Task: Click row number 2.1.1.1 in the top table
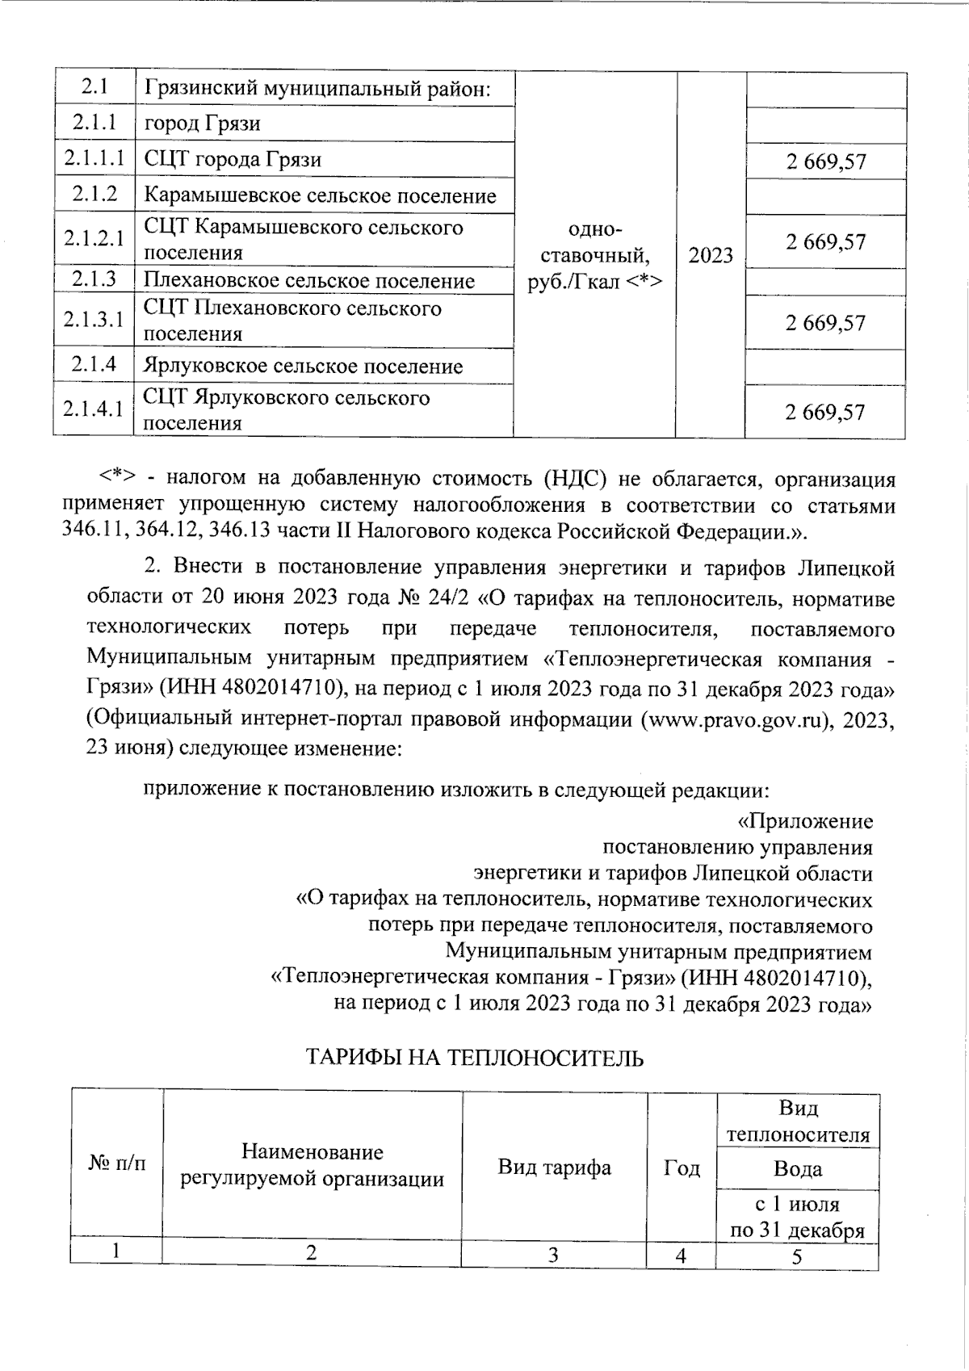[x=94, y=159]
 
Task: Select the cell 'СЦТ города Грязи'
[x=233, y=160]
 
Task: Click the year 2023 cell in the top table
[x=711, y=256]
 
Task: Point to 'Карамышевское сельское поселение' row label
[x=320, y=195]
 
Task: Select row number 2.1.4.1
[x=94, y=410]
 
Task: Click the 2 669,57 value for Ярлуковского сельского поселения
[x=825, y=413]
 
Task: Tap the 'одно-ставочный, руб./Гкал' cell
[x=595, y=256]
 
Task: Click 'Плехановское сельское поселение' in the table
[x=309, y=281]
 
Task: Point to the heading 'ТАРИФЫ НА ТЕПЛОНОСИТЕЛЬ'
[x=474, y=1059]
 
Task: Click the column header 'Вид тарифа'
[x=554, y=1168]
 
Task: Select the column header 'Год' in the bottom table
[x=682, y=1168]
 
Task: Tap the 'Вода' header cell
[x=797, y=1168]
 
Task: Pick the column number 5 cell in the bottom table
[x=797, y=1257]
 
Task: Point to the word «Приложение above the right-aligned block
[x=805, y=822]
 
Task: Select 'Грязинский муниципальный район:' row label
[x=317, y=89]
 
